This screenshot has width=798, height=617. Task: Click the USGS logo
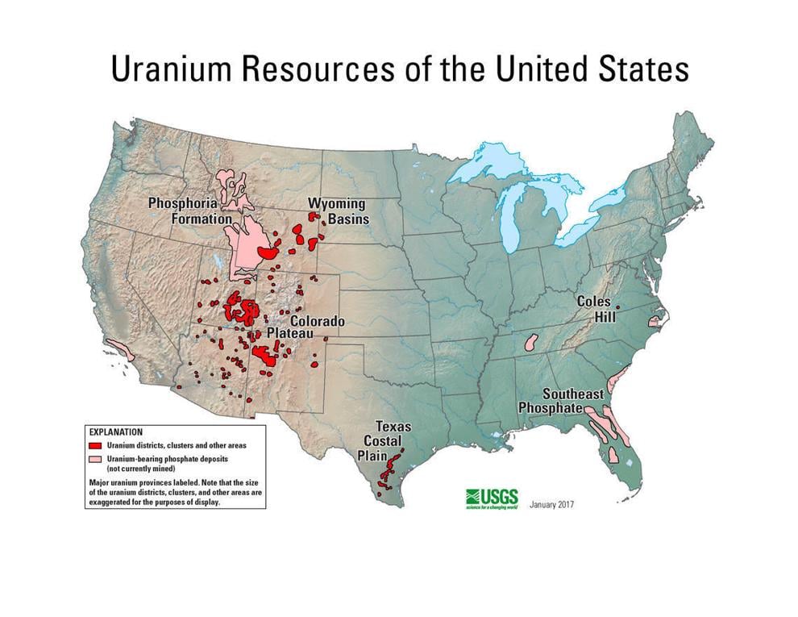(x=491, y=498)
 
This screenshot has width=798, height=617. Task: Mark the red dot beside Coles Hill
(x=617, y=307)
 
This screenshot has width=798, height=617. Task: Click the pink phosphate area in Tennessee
(x=531, y=342)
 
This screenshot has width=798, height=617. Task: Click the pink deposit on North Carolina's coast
(x=654, y=321)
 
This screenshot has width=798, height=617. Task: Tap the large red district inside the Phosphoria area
(x=268, y=253)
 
